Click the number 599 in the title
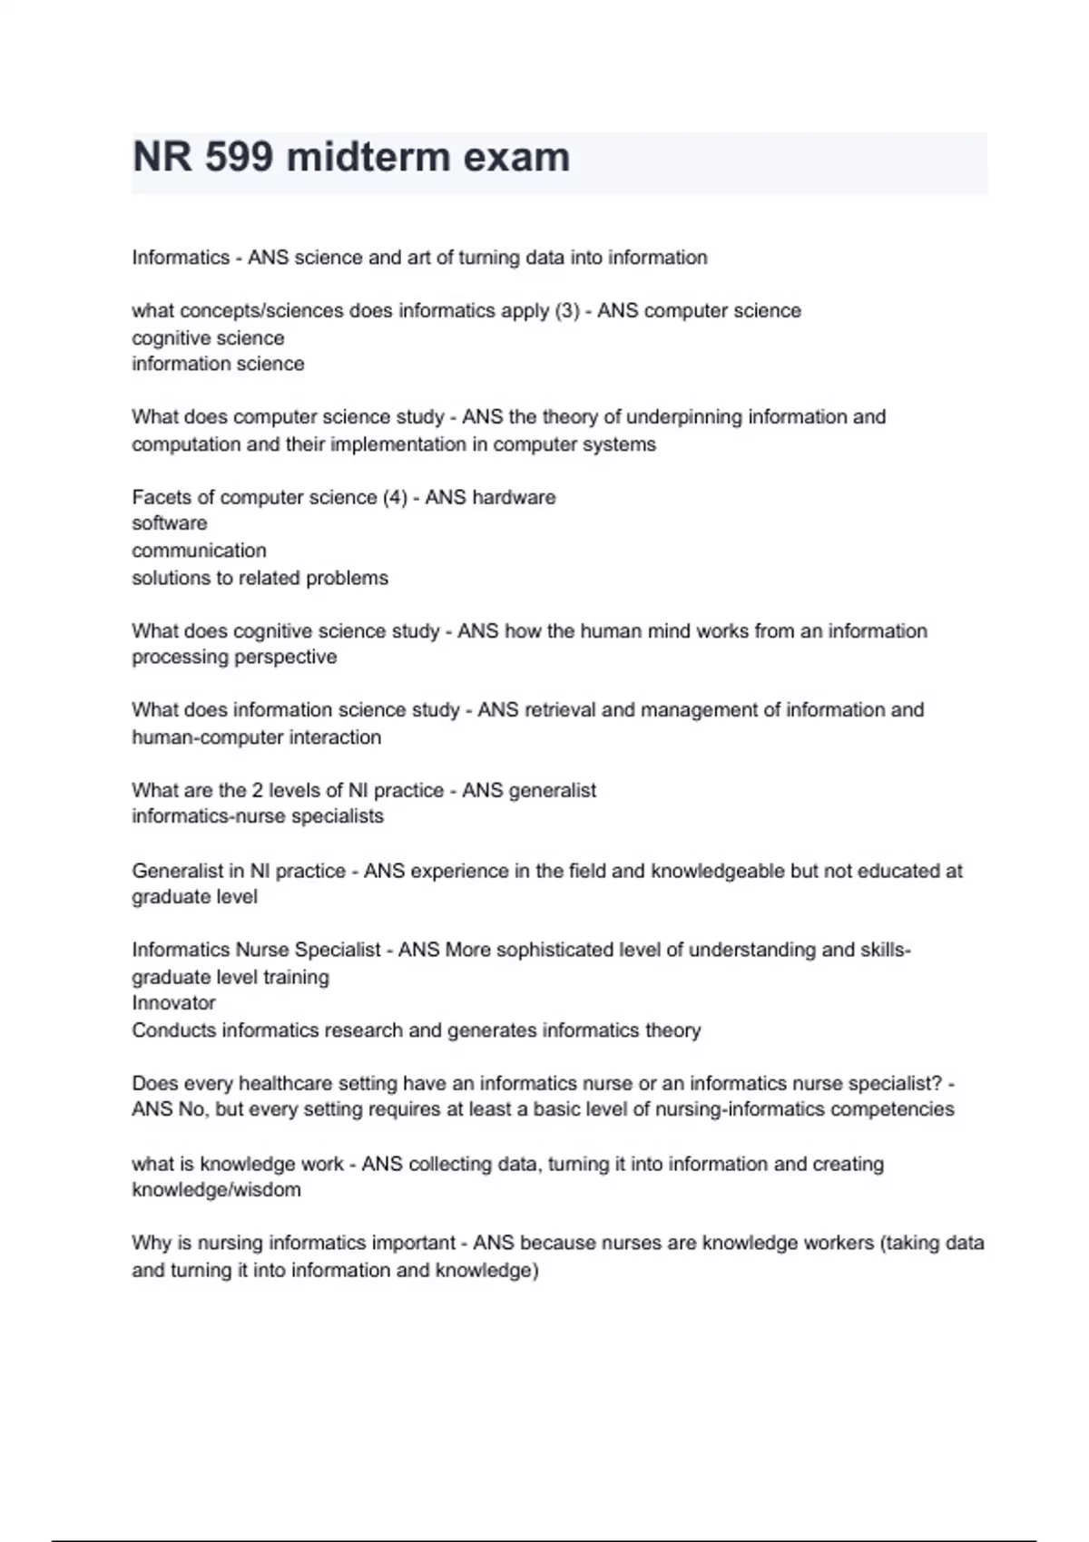click(239, 157)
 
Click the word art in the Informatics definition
click(417, 258)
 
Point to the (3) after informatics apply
click(566, 311)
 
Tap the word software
click(169, 523)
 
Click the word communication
click(199, 551)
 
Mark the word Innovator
click(173, 1003)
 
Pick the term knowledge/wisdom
click(216, 1190)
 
